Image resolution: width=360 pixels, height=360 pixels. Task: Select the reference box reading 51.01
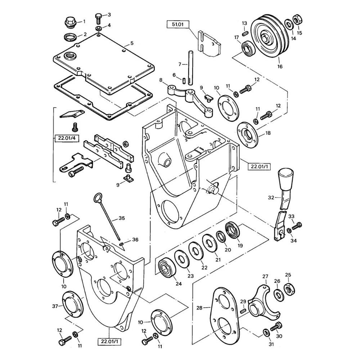click(x=178, y=24)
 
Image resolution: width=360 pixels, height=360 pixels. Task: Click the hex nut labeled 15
click(x=297, y=19)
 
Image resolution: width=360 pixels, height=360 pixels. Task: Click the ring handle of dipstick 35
click(x=98, y=198)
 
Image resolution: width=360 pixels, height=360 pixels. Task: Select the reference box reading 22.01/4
click(x=65, y=138)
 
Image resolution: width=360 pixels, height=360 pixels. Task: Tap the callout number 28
click(x=199, y=307)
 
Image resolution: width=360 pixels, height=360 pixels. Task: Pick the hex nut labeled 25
click(x=289, y=289)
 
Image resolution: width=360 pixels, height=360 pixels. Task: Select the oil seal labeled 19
click(x=233, y=230)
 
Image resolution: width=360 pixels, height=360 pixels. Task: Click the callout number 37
click(x=55, y=306)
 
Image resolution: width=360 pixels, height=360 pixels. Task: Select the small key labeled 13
click(x=245, y=33)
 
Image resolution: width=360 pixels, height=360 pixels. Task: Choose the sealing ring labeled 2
click(x=69, y=37)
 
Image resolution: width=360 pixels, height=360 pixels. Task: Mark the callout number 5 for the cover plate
click(x=132, y=43)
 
